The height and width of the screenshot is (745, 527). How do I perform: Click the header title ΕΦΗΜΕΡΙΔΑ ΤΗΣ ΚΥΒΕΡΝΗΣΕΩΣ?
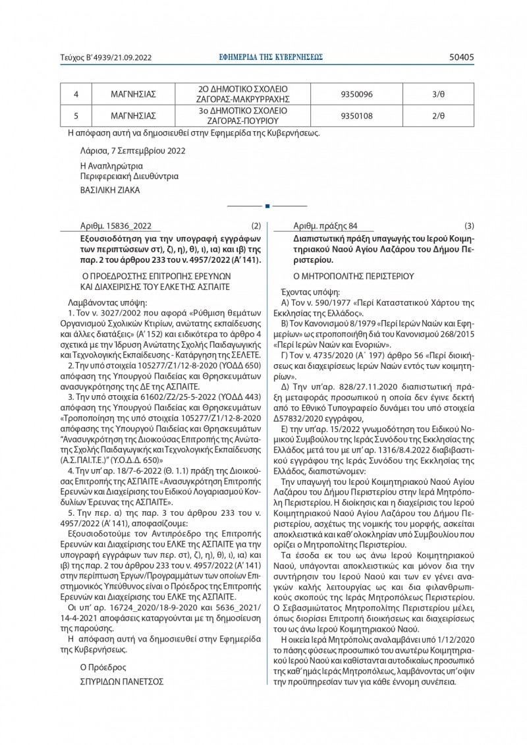click(x=271, y=57)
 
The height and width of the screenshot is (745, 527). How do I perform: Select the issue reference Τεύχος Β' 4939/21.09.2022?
click(x=106, y=58)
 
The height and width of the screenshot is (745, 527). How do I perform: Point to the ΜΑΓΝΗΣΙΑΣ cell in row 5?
click(x=133, y=115)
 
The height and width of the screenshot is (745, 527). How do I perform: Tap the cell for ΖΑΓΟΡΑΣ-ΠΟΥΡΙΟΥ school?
click(x=244, y=115)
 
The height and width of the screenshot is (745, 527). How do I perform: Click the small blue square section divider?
click(x=267, y=206)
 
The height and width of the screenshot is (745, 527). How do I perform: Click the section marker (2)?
click(x=256, y=227)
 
